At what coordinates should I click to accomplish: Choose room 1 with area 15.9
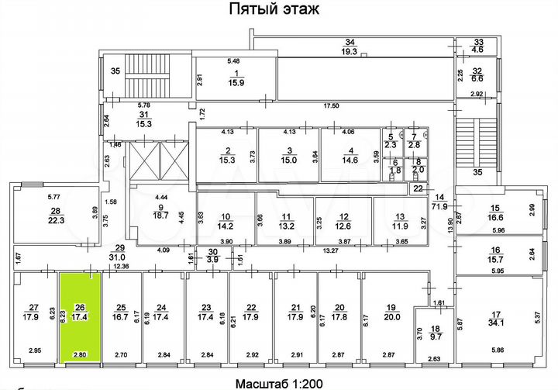point(233,78)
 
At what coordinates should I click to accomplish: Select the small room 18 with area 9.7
point(436,333)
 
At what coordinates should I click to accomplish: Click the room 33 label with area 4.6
point(478,46)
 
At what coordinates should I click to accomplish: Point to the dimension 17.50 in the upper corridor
point(332,105)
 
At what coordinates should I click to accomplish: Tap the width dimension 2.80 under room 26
point(80,354)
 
